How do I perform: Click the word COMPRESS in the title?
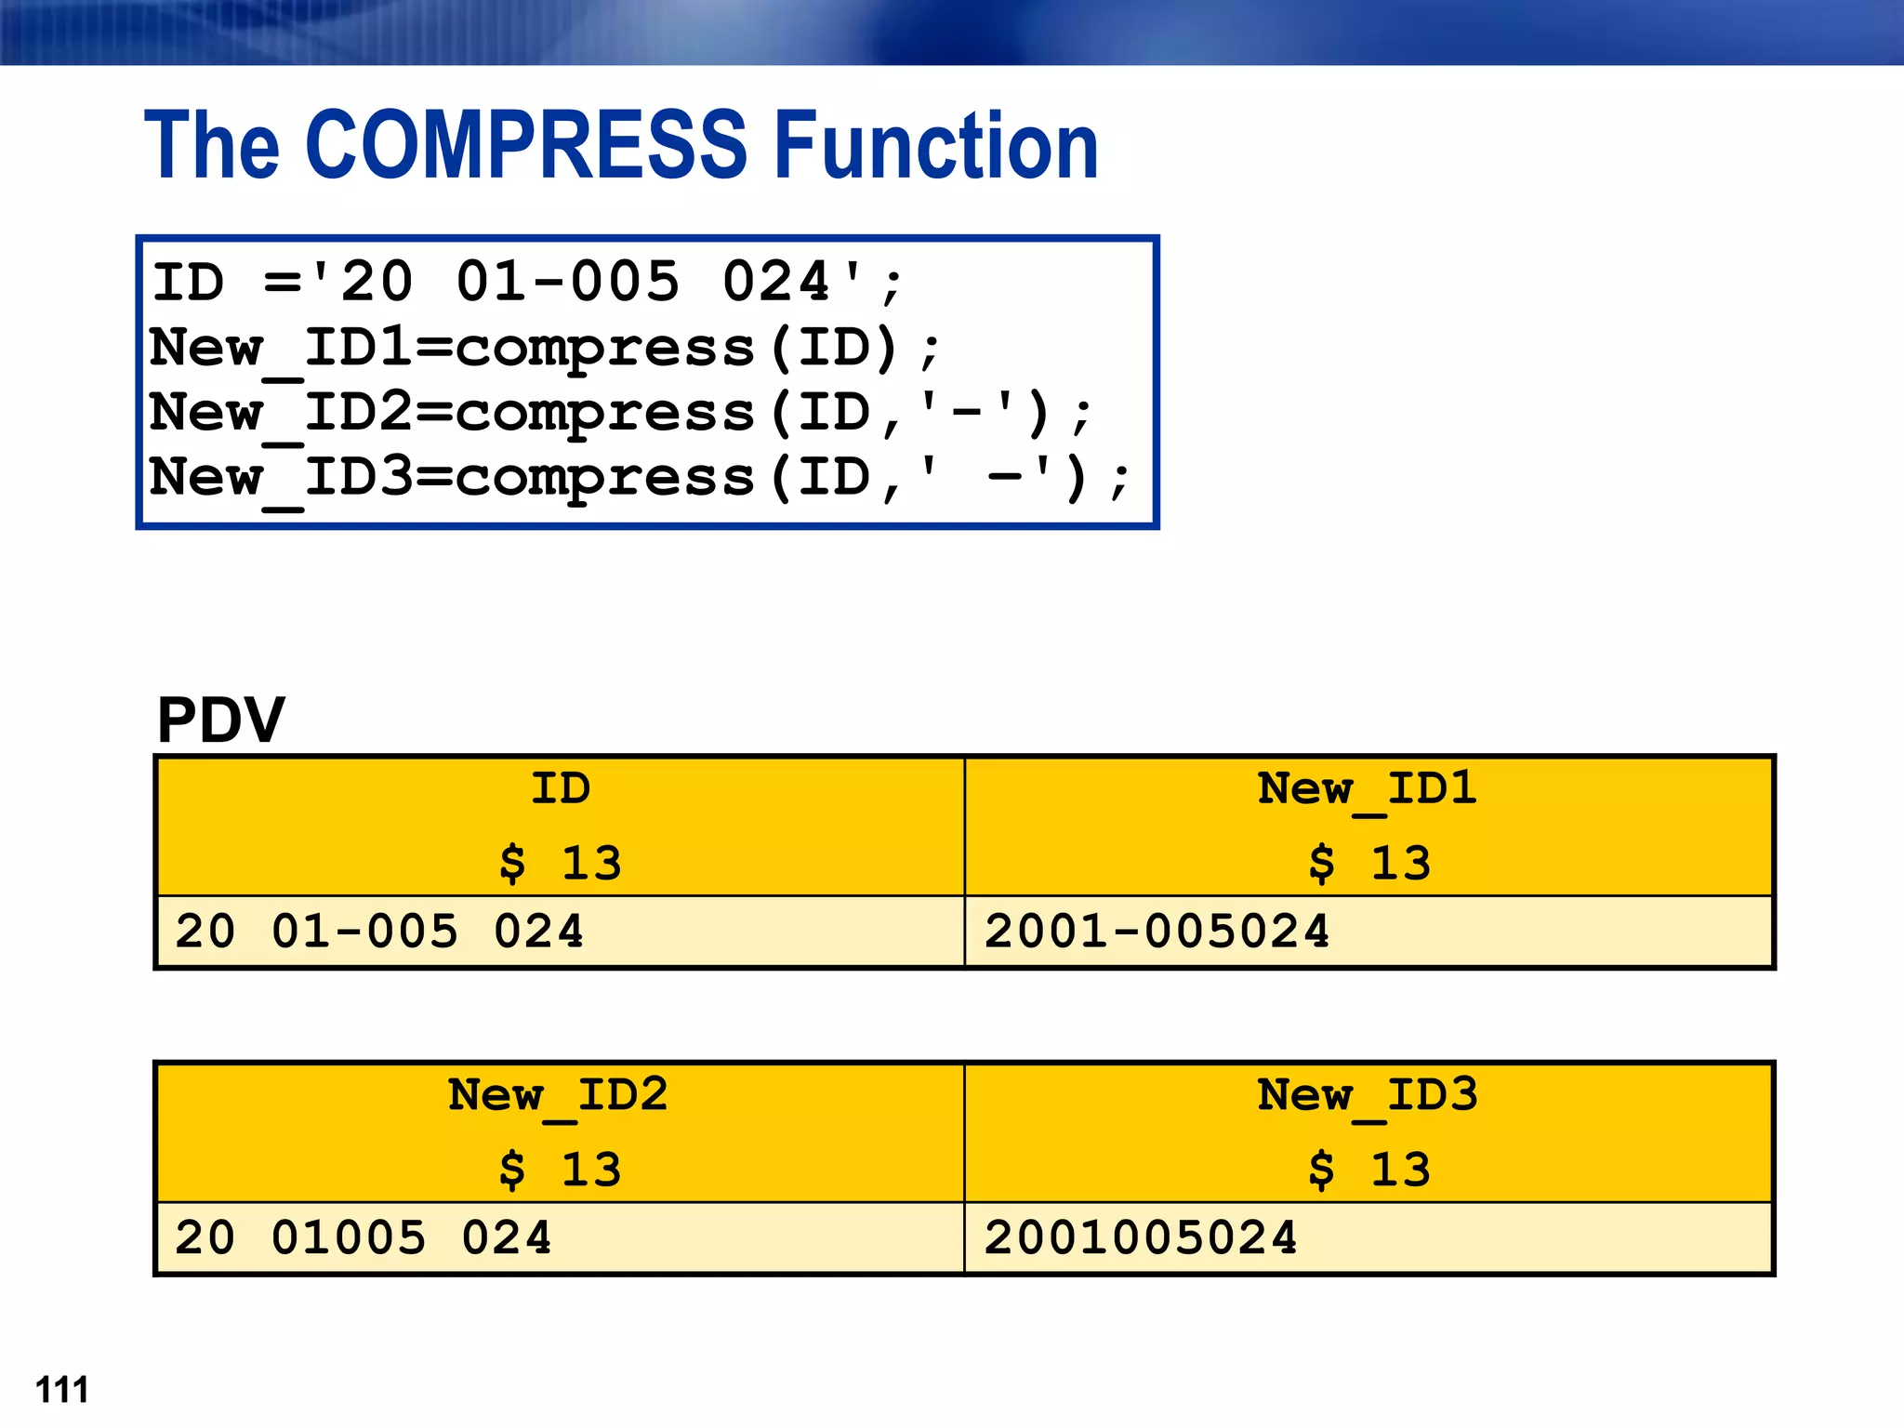click(x=525, y=145)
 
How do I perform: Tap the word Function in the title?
click(x=936, y=145)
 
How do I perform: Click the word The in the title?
click(x=212, y=145)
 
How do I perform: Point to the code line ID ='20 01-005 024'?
click(x=527, y=283)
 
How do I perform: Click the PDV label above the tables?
click(x=221, y=720)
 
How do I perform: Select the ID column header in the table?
click(x=560, y=789)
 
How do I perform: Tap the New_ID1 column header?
click(x=1368, y=789)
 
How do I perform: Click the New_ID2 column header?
click(x=558, y=1095)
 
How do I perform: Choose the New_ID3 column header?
click(x=1368, y=1095)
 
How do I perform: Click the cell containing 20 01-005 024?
click(x=379, y=932)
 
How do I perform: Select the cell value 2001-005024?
click(x=1157, y=932)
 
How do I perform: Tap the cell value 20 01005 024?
click(x=364, y=1238)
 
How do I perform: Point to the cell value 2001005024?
click(x=1141, y=1238)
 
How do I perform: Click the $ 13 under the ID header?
click(x=560, y=863)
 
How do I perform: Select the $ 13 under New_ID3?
click(x=1368, y=1170)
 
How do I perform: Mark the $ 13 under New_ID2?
click(x=560, y=1170)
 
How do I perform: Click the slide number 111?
click(x=62, y=1390)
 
